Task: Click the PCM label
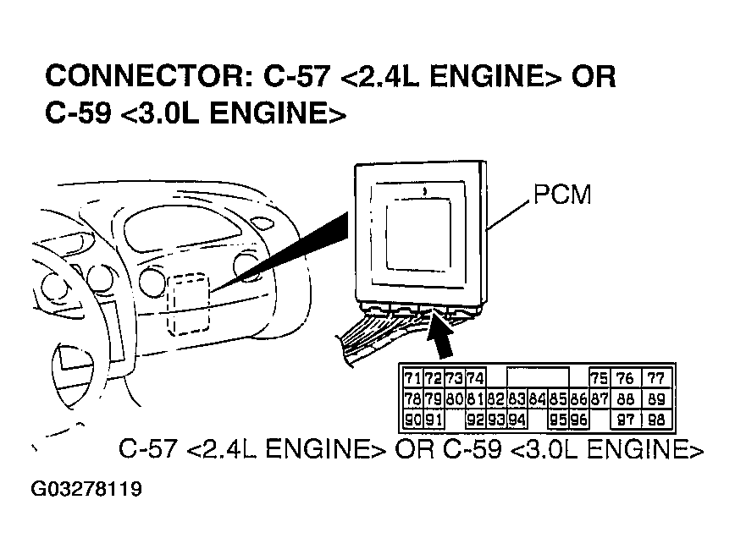click(x=562, y=196)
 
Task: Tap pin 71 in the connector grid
click(x=412, y=378)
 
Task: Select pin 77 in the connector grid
click(x=657, y=378)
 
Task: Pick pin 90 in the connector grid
click(x=412, y=419)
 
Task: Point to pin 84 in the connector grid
click(x=537, y=398)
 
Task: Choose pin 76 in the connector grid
click(x=627, y=378)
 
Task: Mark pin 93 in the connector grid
click(x=496, y=419)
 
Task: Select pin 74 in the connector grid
click(x=475, y=378)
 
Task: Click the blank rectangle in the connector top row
click(x=537, y=378)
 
